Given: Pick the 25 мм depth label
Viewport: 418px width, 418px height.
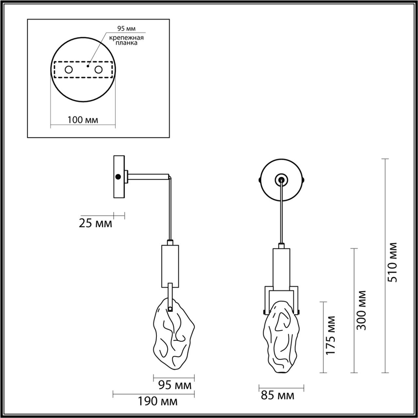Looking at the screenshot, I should tap(95, 224).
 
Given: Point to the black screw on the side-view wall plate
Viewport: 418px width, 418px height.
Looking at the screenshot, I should tap(118, 176).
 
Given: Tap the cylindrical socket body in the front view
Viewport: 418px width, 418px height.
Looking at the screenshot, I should tap(281, 268).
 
